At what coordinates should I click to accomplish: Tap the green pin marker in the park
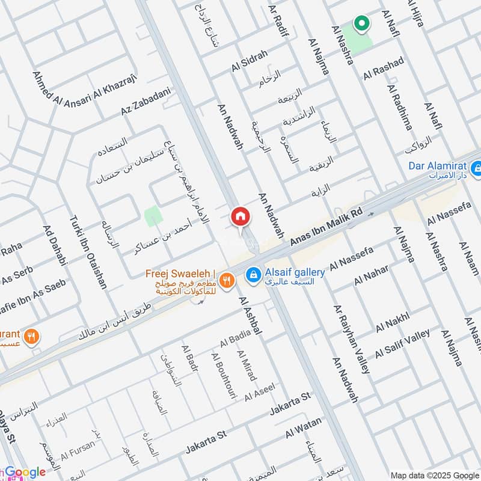361,24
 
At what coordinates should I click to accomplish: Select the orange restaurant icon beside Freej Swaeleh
227,280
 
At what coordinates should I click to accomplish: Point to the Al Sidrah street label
249,62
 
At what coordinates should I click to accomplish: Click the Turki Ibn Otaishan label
88,253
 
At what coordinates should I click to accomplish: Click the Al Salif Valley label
402,343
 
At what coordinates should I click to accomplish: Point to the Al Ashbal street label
251,316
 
